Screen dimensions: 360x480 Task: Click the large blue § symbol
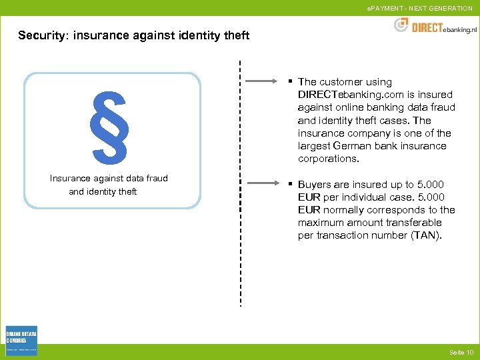pyautogui.click(x=111, y=127)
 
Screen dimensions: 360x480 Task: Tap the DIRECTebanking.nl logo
pyautogui.click(x=436, y=27)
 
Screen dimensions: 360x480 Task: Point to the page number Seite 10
pyautogui.click(x=461, y=352)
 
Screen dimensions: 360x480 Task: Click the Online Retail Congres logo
pyautogui.click(x=21, y=341)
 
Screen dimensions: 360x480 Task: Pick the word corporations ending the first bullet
pyautogui.click(x=328, y=159)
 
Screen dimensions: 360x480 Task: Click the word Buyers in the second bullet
pyautogui.click(x=314, y=185)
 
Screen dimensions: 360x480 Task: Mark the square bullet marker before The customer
pyautogui.click(x=291, y=81)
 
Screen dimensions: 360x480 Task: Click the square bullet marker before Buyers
pyautogui.click(x=291, y=184)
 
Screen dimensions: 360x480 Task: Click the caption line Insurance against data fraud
pyautogui.click(x=109, y=178)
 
